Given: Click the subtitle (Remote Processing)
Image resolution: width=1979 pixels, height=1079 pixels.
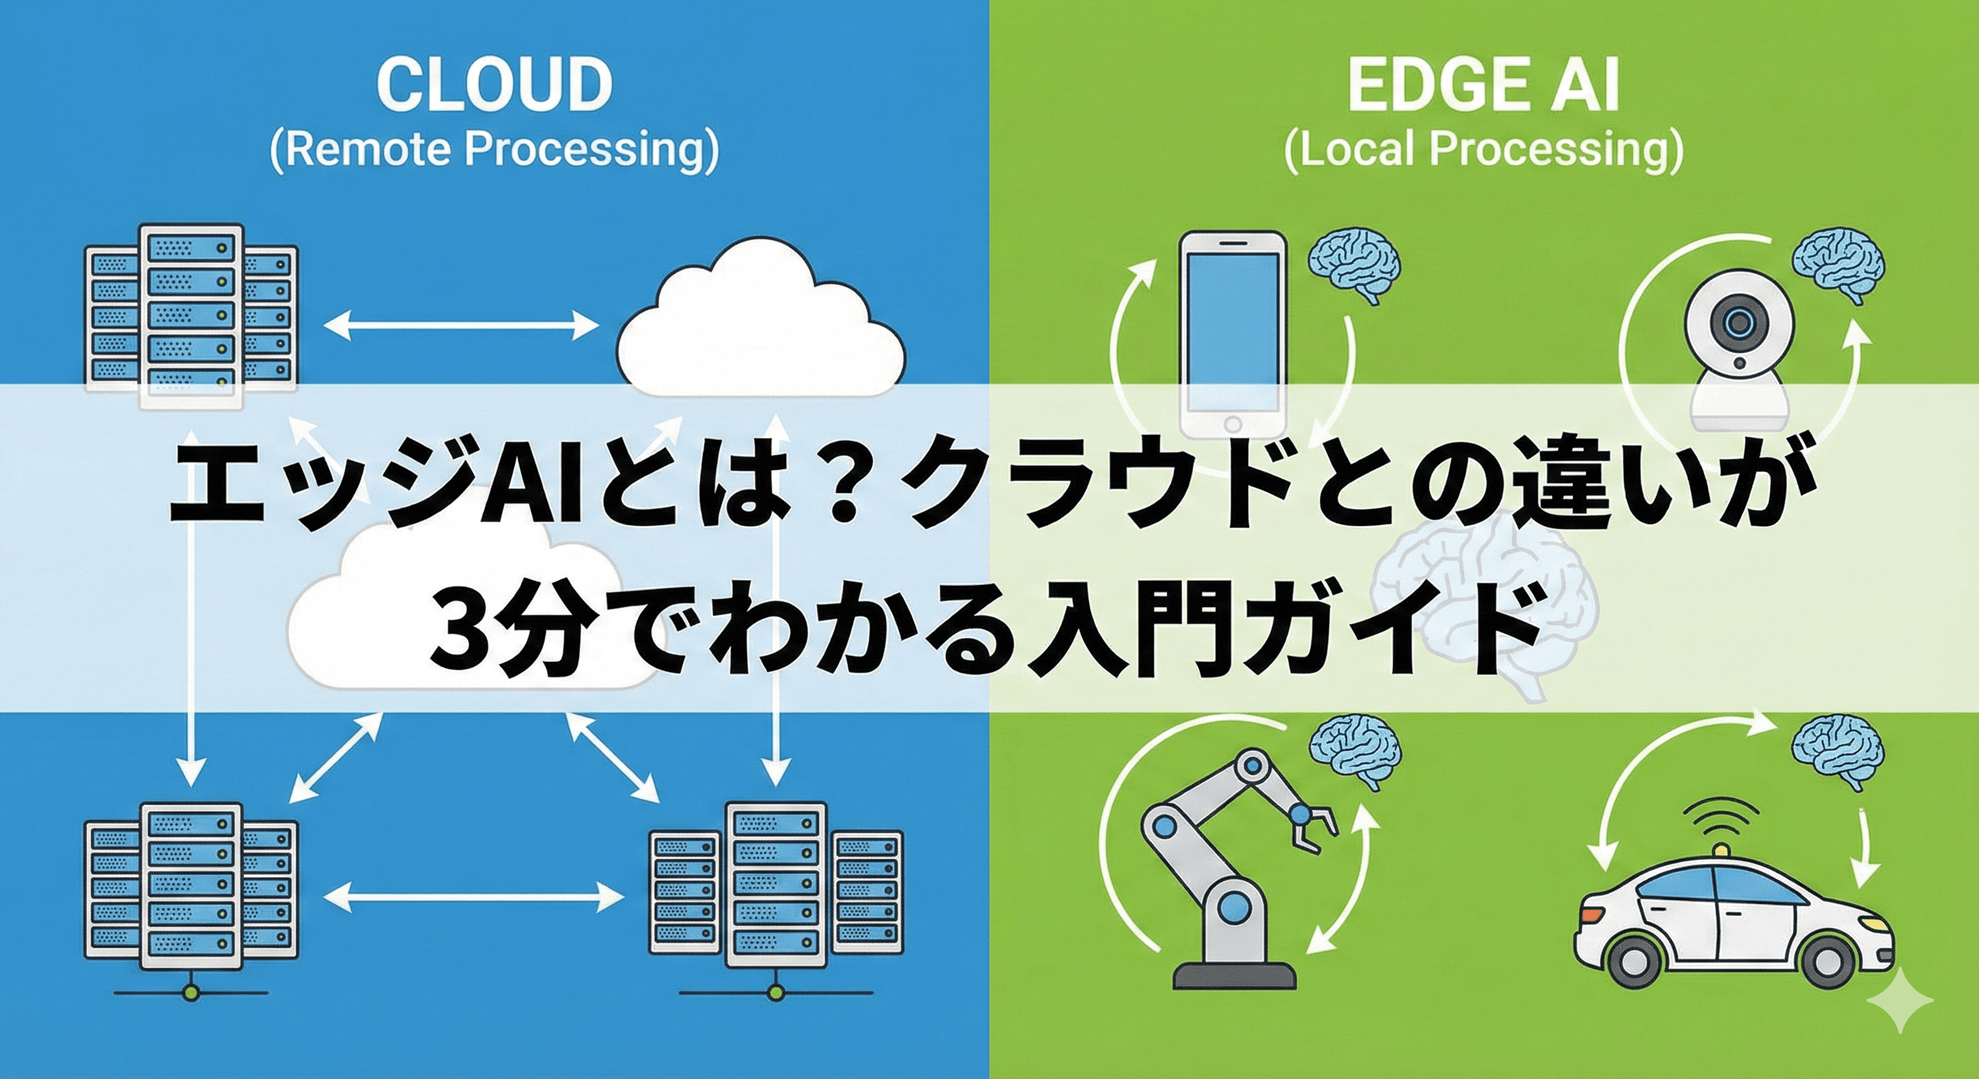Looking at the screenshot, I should [494, 150].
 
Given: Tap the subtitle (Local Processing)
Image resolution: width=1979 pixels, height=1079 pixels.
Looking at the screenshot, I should [1483, 150].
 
